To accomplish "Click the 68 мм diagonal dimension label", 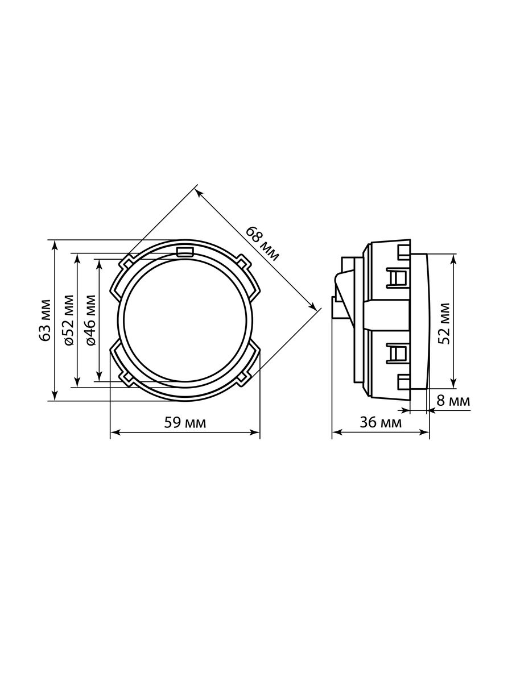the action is (263, 244).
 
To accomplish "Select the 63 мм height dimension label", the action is (46, 321).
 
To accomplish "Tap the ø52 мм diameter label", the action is (68, 321).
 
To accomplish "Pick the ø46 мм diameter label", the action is (90, 321).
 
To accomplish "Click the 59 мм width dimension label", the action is (185, 423).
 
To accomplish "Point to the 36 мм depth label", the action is (381, 423).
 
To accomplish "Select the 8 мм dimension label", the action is (453, 401).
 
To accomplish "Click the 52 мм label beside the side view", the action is (444, 323).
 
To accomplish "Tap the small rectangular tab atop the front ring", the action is (185, 252).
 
